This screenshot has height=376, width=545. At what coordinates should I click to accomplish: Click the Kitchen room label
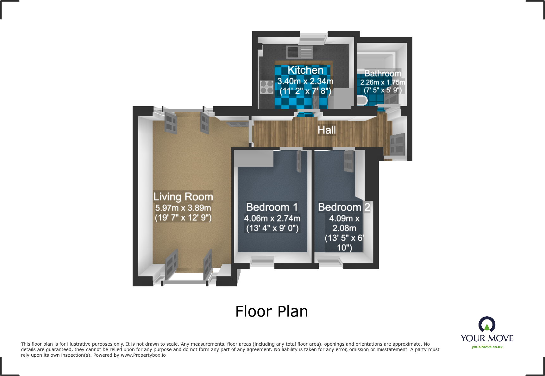pos(305,70)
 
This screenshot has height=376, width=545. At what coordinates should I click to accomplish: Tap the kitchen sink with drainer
pos(299,52)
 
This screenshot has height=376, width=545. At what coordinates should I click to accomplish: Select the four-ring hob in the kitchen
pos(266,87)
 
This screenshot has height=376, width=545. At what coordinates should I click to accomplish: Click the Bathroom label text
pos(382,73)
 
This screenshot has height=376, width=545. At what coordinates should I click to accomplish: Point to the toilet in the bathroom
pos(362,101)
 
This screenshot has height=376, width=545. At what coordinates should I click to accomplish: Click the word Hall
pos(327,130)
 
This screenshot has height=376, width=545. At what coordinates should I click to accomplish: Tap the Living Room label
pos(183,197)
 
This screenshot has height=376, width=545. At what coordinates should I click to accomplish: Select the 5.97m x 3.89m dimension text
pos(183,208)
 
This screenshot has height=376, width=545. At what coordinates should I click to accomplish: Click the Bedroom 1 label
pos(272,207)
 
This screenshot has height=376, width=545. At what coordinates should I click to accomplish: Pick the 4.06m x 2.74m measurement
pos(272,219)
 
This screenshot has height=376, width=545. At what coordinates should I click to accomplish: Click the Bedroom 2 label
pos(344,207)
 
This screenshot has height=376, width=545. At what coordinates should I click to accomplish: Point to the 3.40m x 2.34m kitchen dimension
pos(305,81)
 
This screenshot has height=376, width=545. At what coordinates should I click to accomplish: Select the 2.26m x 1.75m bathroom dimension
pos(382,82)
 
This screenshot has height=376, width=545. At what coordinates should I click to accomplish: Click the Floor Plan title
pos(272,311)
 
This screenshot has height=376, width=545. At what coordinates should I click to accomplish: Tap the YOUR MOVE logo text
pos(487,338)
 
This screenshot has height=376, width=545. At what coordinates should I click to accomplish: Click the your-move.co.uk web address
pos(487,347)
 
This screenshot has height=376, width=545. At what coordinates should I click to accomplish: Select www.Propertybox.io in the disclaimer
pos(143,355)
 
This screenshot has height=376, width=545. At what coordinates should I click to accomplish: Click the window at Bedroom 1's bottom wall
pos(262,261)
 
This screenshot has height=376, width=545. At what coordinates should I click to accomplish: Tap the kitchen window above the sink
pos(313,38)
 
